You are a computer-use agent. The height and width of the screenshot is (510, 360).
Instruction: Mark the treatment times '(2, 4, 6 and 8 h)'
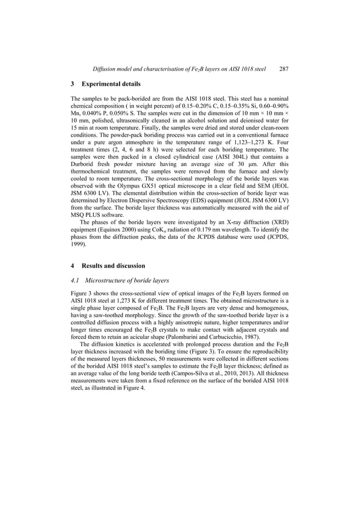[x=125, y=150]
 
